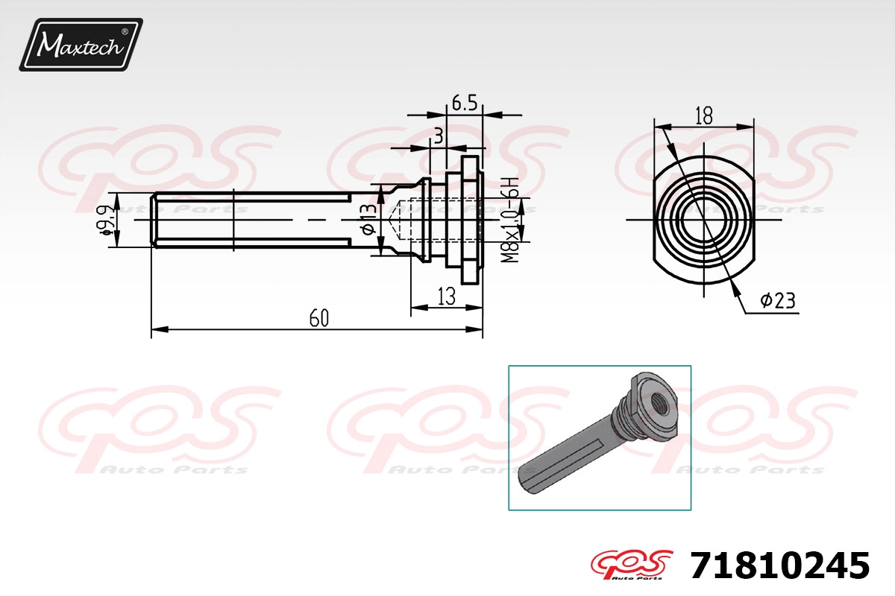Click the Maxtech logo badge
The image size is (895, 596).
click(x=81, y=45)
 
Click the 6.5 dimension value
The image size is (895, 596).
click(x=465, y=103)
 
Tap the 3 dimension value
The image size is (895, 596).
click(x=439, y=136)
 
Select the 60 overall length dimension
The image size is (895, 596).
click(x=319, y=318)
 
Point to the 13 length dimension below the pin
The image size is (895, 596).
click(x=447, y=297)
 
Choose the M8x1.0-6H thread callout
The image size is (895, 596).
click(x=510, y=220)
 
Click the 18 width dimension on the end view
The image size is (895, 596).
click(x=703, y=115)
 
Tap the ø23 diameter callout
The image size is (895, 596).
click(x=777, y=300)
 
